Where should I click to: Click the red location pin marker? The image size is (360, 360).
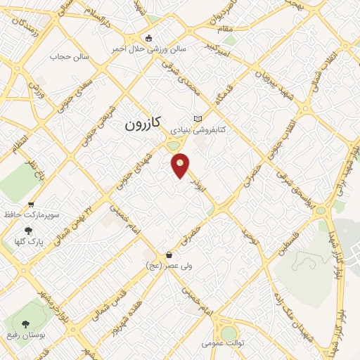[181, 165]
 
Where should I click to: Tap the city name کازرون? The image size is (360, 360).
[144, 125]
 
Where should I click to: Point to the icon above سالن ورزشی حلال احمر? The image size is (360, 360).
[148, 39]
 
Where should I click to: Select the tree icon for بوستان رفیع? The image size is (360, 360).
[26, 324]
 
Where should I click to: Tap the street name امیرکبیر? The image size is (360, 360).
[221, 47]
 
